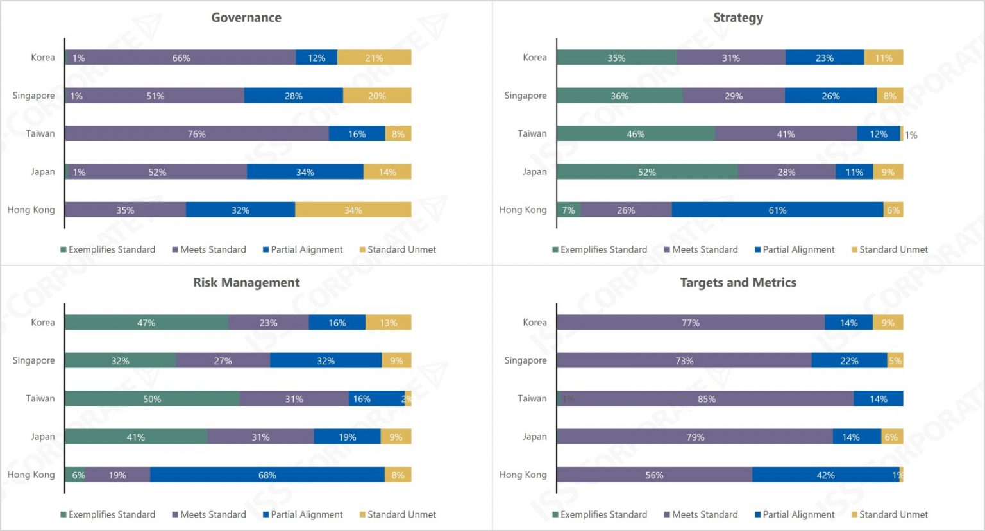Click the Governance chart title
246,17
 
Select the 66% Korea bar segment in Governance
181,58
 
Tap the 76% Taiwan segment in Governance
197,134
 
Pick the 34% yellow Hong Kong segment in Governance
353,210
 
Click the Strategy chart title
738,17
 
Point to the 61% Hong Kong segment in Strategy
777,210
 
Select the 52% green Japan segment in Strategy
647,172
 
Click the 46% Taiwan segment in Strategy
636,134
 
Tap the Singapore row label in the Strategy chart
525,96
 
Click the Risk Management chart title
246,282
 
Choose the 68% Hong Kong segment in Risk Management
267,475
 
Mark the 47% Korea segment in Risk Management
146,323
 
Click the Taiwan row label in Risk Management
40,398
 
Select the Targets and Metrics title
738,282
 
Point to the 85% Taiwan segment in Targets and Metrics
707,399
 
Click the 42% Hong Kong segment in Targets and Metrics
825,475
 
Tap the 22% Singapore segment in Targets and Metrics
849,361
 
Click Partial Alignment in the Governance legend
307,249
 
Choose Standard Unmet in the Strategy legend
893,249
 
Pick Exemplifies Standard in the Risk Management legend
112,514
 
